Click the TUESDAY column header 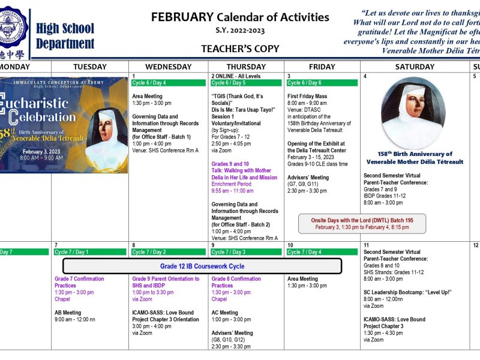tap(89, 67)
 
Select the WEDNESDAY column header tap(169, 67)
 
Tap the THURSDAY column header tap(246, 67)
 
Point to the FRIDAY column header tap(322, 67)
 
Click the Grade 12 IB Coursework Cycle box tap(202, 266)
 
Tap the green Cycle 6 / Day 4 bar tap(169, 83)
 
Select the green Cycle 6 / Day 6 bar tap(322, 83)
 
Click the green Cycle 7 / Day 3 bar tap(246, 252)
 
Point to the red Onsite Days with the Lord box tap(362, 224)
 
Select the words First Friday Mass tap(307, 96)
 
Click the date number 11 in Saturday tap(366, 245)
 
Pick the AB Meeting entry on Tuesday tap(68, 313)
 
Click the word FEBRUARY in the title tap(182, 17)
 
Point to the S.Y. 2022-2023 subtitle tap(240, 31)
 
